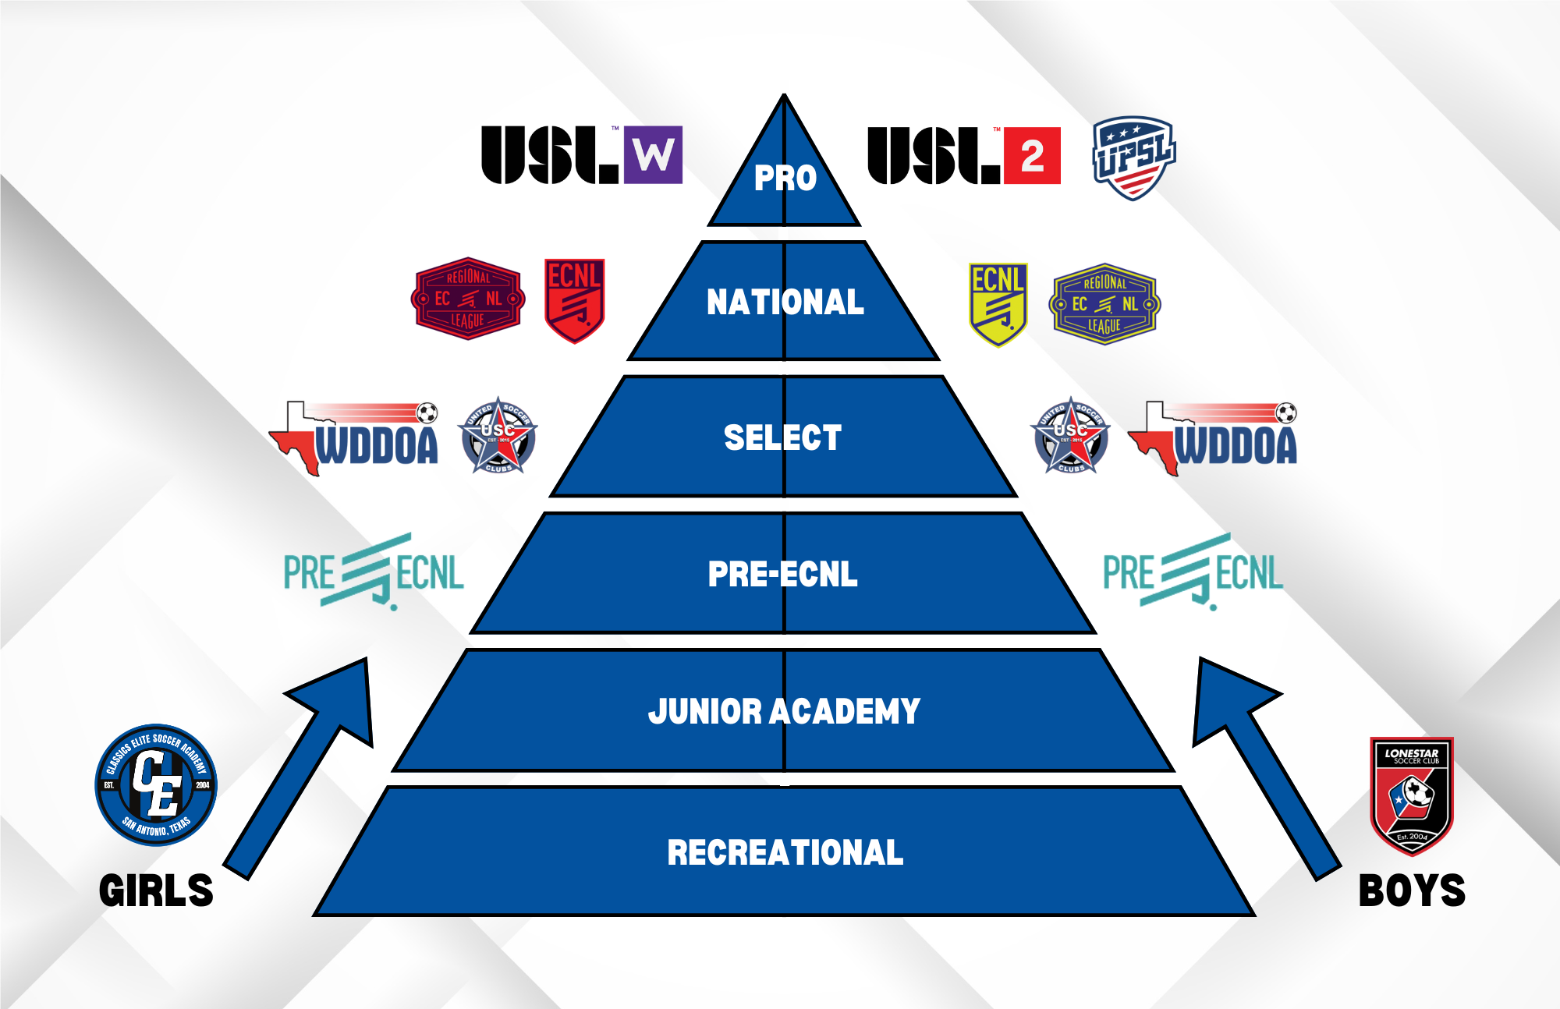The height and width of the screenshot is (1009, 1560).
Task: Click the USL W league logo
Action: coord(582,155)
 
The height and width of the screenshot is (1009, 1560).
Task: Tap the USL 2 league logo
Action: coord(964,156)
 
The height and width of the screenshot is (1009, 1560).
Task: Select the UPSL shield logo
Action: coord(1133,158)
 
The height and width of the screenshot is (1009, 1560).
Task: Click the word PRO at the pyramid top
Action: coord(785,179)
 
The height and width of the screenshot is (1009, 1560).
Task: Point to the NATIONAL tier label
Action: coord(785,303)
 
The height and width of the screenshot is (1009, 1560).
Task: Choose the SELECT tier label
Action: coord(783,437)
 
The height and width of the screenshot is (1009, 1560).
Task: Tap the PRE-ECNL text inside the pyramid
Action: coord(783,575)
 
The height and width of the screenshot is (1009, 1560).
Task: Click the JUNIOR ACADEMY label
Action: coord(784,711)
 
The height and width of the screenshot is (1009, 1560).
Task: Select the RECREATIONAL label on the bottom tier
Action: coord(785,852)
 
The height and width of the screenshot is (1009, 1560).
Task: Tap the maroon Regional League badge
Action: coord(468,299)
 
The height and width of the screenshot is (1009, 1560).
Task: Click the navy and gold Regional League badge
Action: coord(1104,304)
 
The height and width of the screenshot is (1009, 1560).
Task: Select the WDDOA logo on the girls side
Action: coord(356,437)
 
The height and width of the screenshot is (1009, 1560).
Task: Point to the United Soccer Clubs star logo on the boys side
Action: coord(1071,435)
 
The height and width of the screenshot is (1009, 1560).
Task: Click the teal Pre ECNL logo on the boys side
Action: coord(1193,572)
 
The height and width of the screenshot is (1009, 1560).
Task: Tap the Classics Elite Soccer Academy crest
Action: coord(156,784)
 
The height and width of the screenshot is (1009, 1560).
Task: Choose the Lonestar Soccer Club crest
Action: coord(1412,796)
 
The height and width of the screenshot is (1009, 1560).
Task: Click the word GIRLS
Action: coord(156,890)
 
